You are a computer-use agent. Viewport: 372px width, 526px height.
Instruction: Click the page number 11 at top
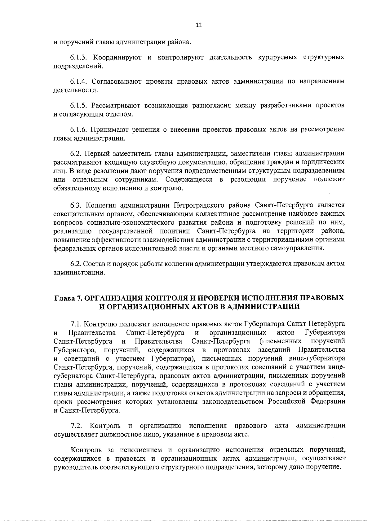coord(199,26)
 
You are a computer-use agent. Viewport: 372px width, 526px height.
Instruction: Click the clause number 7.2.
coord(76,426)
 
